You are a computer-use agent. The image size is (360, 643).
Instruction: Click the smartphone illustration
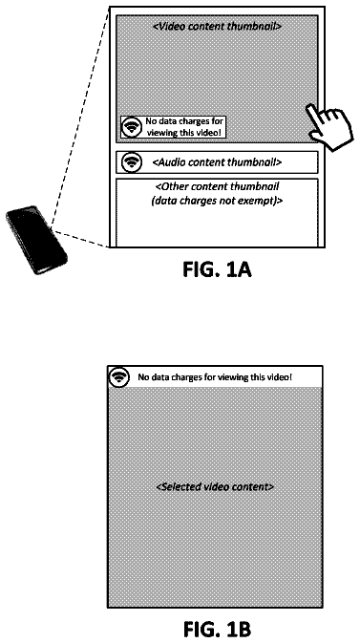pyautogui.click(x=36, y=240)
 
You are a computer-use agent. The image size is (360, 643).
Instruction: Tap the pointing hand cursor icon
pyautogui.click(x=329, y=126)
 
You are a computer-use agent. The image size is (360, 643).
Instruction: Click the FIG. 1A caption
pyautogui.click(x=217, y=269)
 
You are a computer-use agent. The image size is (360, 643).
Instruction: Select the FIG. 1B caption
pyautogui.click(x=217, y=629)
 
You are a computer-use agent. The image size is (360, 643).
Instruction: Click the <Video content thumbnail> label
pyautogui.click(x=217, y=27)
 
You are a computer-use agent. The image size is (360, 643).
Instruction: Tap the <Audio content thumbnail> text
pyautogui.click(x=217, y=162)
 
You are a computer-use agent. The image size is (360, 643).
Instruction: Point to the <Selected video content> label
pyautogui.click(x=215, y=487)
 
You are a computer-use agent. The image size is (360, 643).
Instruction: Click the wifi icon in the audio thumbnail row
pyautogui.click(x=132, y=162)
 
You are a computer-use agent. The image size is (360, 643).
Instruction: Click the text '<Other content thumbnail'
pyautogui.click(x=218, y=187)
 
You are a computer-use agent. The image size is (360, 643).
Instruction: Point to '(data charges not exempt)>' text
pyautogui.click(x=218, y=201)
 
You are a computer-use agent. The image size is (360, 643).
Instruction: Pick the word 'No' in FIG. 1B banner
pyautogui.click(x=142, y=376)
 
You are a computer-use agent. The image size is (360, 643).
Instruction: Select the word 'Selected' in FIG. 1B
pyautogui.click(x=177, y=487)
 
